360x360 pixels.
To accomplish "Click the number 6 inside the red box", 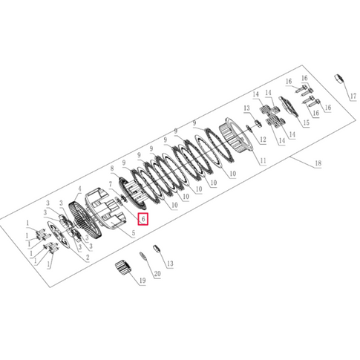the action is (143, 219).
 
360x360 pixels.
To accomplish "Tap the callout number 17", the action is (353, 96).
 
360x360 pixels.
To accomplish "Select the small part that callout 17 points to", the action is (339, 79).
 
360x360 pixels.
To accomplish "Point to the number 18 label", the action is (318, 163).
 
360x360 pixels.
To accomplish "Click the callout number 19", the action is (143, 281).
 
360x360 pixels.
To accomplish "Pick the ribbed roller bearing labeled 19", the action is (123, 267).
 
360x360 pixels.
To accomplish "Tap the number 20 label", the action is (157, 274).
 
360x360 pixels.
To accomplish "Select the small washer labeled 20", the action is (142, 256).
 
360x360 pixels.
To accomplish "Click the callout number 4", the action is (79, 189).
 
